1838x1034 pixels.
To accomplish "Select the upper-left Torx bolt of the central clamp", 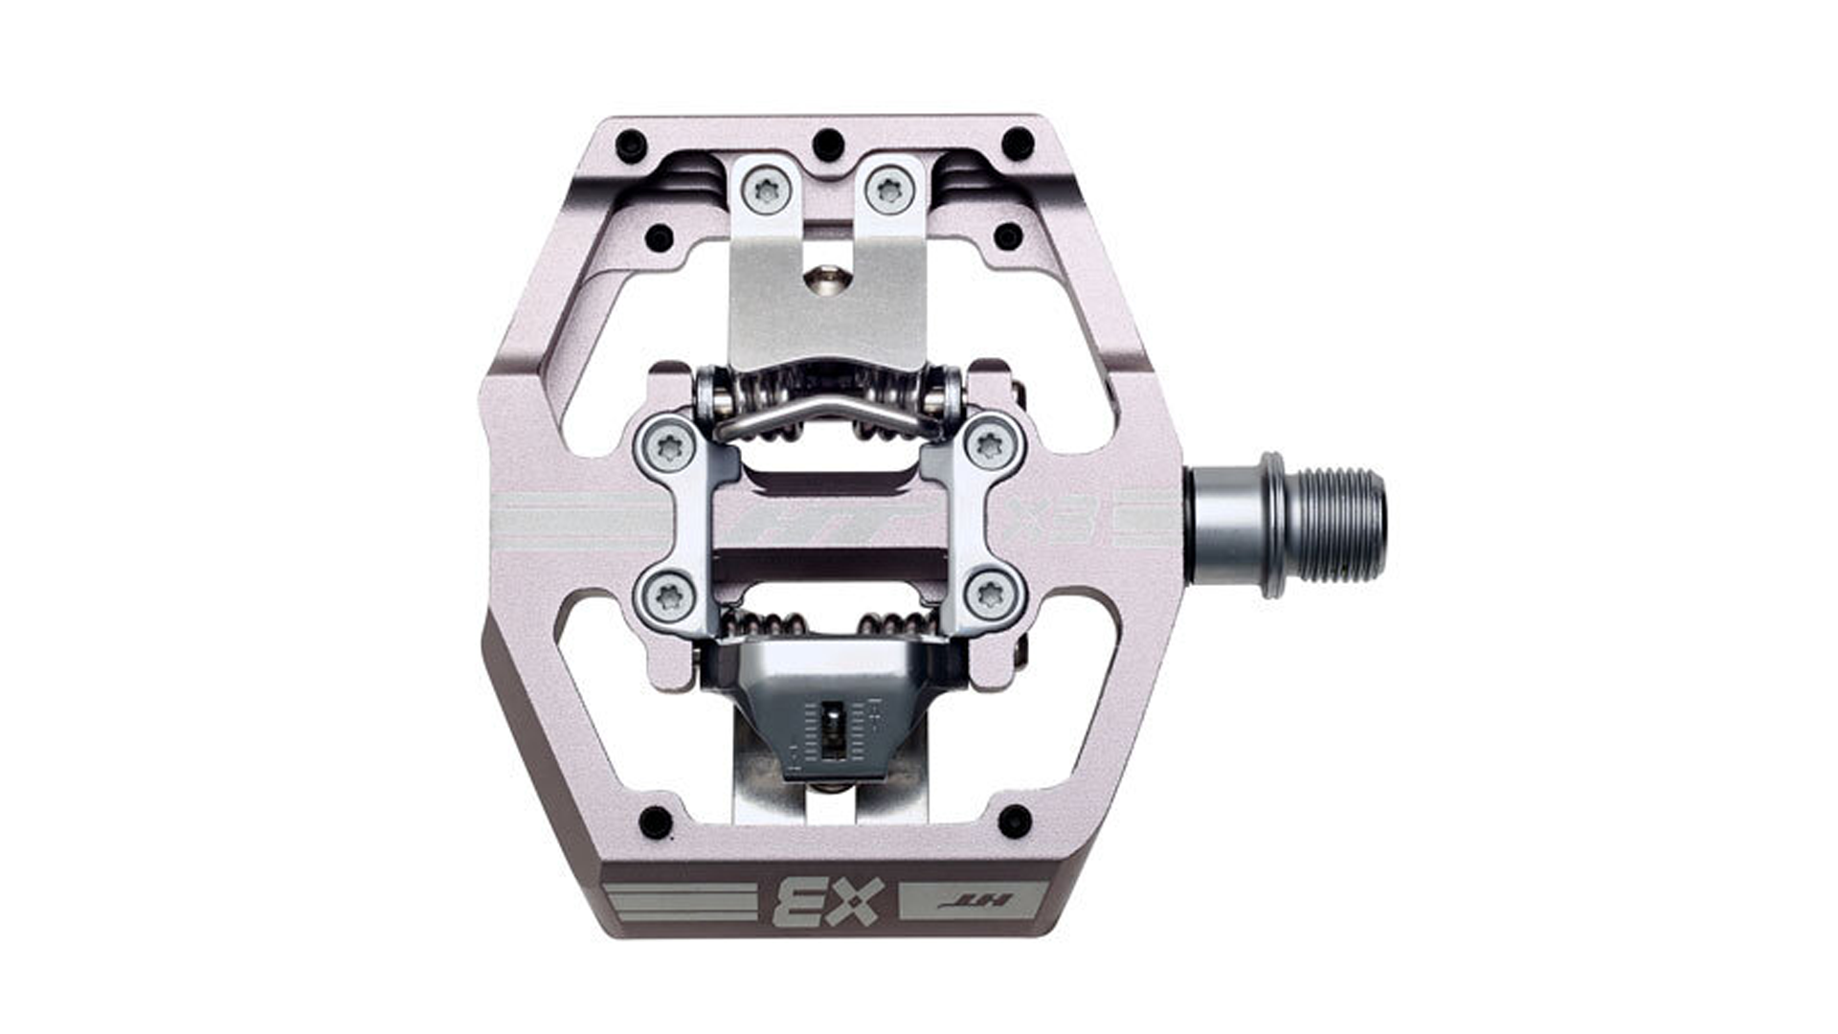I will point(666,444).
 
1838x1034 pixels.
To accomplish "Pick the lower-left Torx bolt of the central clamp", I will point(667,597).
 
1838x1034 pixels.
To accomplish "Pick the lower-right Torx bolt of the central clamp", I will point(989,596).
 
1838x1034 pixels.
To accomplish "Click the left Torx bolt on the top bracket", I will point(767,190).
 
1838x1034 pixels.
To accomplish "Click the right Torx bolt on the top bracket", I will point(890,190).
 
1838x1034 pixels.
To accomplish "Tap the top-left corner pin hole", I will point(628,146).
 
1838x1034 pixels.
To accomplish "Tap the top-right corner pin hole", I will point(1017,145).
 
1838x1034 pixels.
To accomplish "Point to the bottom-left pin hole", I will point(655,820).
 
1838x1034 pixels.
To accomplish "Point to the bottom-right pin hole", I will point(1015,820).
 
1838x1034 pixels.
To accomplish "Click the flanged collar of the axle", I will point(1273,525).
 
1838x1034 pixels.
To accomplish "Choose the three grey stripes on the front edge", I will point(674,902).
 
